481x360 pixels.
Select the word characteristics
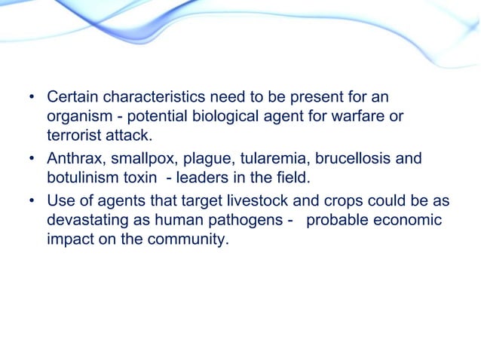click(x=153, y=99)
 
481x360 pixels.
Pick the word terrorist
click(x=72, y=135)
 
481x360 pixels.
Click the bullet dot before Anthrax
click(x=32, y=160)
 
